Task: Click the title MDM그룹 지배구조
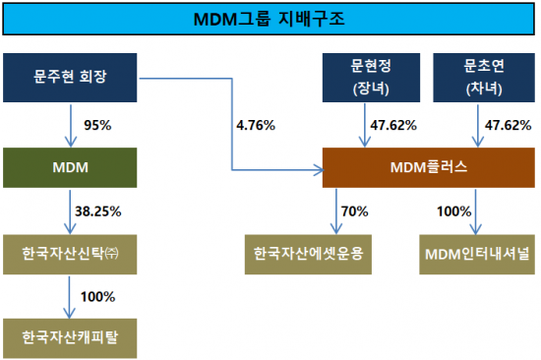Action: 270,18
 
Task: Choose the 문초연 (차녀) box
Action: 478,78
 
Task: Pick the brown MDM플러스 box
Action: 423,168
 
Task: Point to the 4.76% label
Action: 256,125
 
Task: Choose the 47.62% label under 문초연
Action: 505,125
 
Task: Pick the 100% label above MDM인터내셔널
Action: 452,210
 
